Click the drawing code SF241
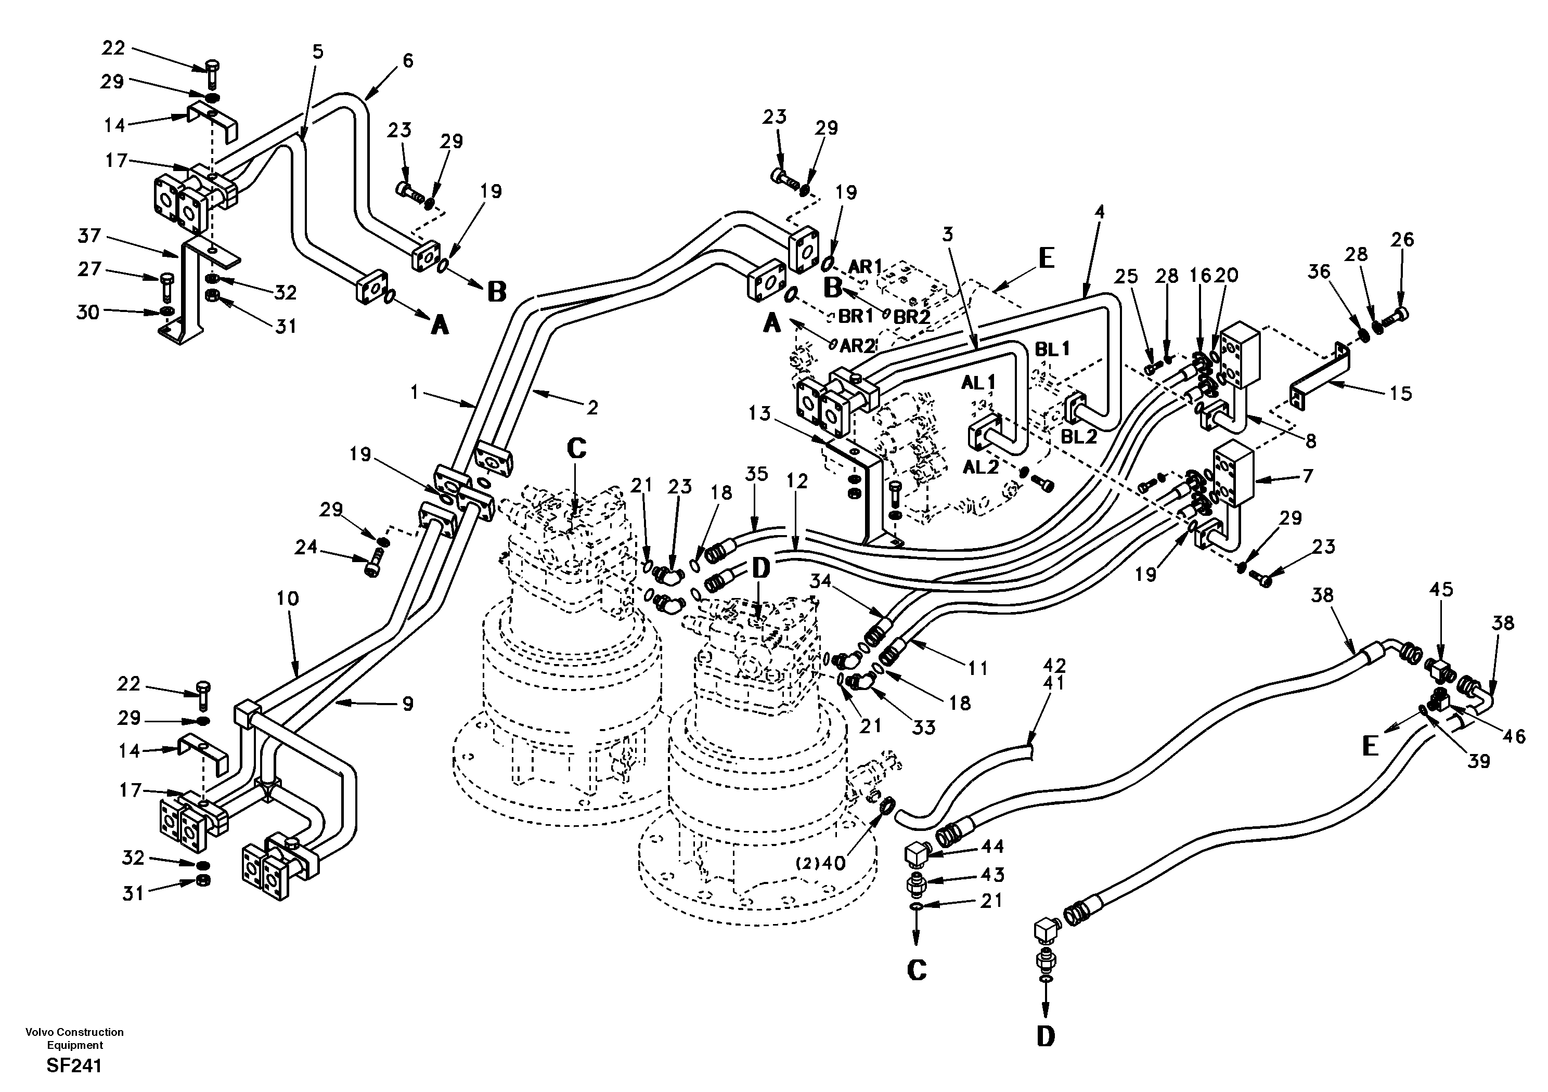click(x=74, y=1065)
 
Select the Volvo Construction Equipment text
click(x=74, y=1038)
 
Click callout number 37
click(x=89, y=236)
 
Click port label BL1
click(x=1052, y=348)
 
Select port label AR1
click(x=865, y=266)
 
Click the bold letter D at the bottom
click(x=1045, y=1036)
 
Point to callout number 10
click(x=288, y=598)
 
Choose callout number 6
click(x=408, y=61)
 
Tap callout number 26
click(x=1402, y=239)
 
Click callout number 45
click(x=1441, y=590)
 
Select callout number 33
click(x=924, y=727)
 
